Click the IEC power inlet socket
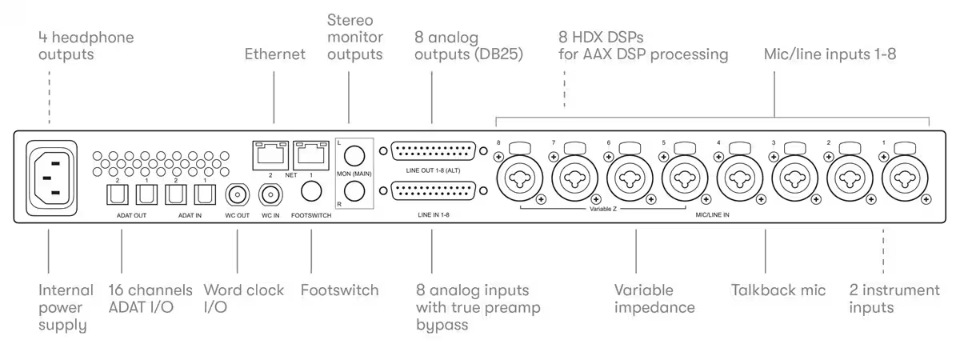(51, 178)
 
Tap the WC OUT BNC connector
(237, 195)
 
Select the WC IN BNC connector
(270, 195)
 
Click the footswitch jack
(311, 191)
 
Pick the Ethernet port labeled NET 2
(270, 155)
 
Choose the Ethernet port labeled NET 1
(311, 155)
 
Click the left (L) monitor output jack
(354, 155)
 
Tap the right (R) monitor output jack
(354, 190)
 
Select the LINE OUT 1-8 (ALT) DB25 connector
(434, 151)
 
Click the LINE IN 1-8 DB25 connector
(434, 190)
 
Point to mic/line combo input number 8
(520, 178)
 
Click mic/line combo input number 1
(905, 178)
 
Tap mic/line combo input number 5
(685, 178)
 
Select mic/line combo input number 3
(794, 178)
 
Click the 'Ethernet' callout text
(274, 54)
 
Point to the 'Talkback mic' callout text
(778, 290)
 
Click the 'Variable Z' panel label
(603, 209)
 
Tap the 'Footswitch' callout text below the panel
(339, 290)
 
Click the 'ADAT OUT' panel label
(131, 215)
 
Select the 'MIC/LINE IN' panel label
(712, 214)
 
